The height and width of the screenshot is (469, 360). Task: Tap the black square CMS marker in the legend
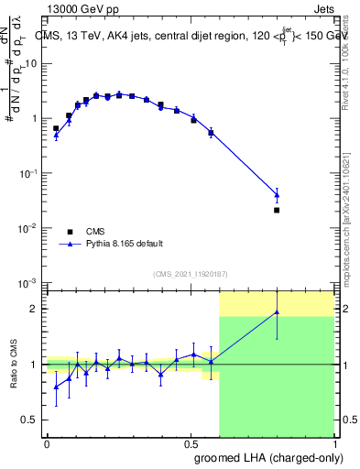[69, 232]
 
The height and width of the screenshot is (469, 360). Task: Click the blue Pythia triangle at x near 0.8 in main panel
[277, 194]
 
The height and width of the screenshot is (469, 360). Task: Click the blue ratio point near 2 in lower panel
[277, 312]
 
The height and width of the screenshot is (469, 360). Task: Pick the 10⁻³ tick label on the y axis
[29, 282]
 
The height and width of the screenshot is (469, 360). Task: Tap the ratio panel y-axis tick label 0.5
[33, 420]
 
